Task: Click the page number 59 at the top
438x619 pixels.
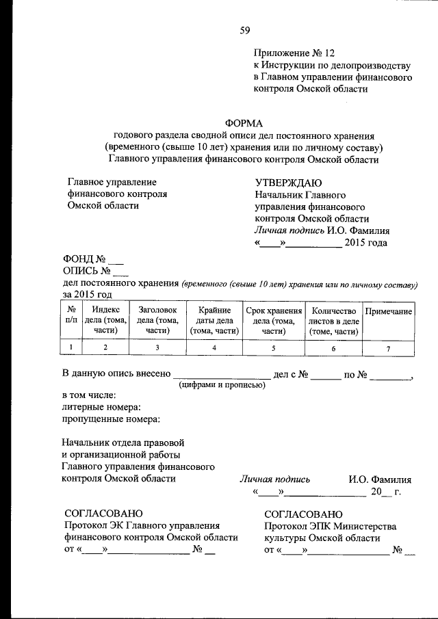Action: click(245, 29)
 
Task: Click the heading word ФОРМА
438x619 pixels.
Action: click(244, 122)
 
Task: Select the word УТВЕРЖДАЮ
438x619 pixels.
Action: click(288, 183)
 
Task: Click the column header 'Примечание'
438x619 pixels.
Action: click(388, 311)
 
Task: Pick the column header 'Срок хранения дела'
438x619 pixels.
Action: click(274, 320)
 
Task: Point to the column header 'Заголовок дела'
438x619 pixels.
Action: click(157, 320)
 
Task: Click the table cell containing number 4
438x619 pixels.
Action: click(214, 348)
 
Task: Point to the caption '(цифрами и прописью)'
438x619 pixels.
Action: click(222, 385)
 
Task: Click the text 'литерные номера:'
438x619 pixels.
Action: click(101, 407)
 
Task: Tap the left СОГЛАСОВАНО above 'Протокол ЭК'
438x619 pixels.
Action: click(103, 513)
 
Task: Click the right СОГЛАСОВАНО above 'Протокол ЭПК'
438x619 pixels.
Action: click(304, 513)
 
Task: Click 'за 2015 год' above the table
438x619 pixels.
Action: click(88, 294)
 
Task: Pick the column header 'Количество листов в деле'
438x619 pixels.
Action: click(333, 320)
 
